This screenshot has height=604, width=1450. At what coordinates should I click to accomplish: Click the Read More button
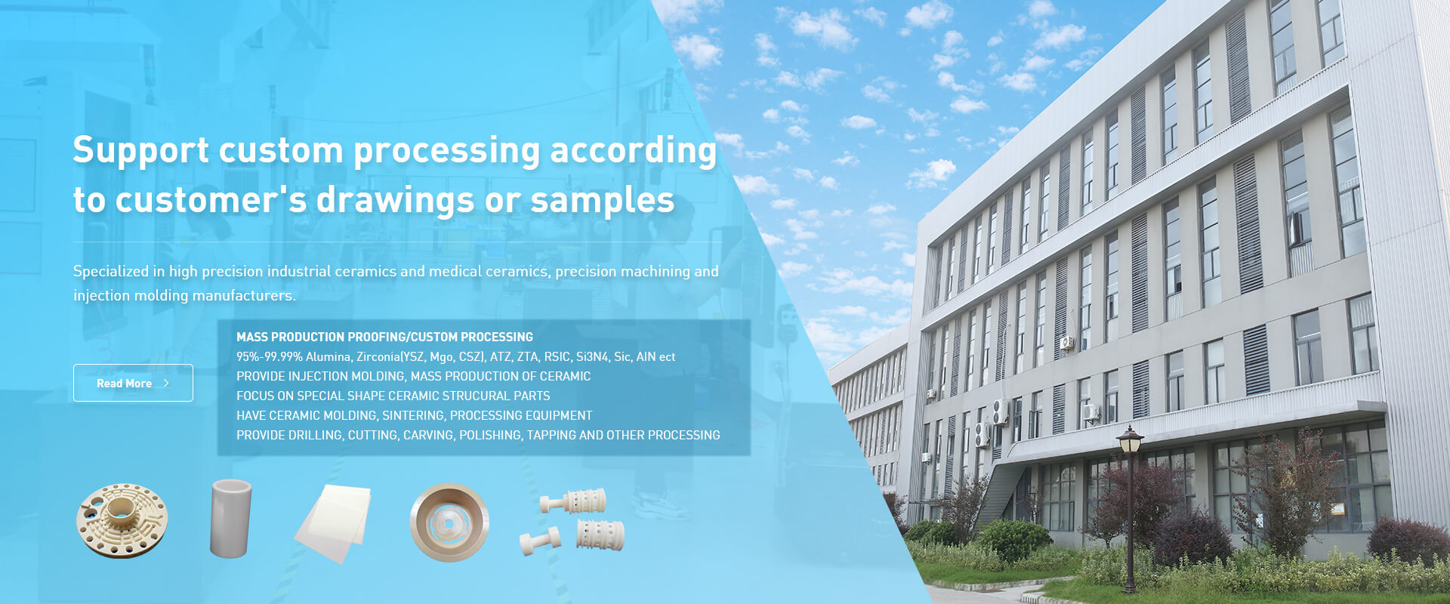(x=133, y=383)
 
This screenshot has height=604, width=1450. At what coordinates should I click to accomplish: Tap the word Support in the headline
(x=141, y=151)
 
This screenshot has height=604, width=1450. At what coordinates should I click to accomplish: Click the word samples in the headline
(x=602, y=200)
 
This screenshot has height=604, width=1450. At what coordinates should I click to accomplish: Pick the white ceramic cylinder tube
(x=230, y=518)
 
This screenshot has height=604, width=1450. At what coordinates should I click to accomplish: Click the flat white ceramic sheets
(x=333, y=522)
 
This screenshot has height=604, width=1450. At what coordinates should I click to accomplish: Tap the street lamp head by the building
(x=1130, y=440)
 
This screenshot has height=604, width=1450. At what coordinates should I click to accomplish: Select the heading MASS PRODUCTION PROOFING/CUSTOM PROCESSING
(x=384, y=337)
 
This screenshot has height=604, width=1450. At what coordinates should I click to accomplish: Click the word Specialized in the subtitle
(x=111, y=272)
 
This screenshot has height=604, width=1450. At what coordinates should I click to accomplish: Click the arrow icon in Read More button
(x=166, y=384)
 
